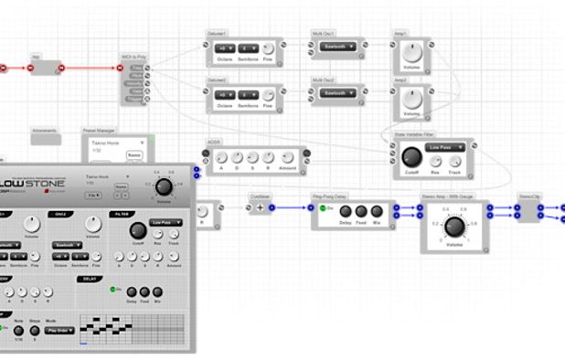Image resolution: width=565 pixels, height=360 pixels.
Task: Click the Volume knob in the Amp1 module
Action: (412, 55)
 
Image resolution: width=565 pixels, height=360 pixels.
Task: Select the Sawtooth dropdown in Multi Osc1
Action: (336, 48)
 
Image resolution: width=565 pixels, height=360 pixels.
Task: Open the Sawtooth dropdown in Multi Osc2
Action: (336, 93)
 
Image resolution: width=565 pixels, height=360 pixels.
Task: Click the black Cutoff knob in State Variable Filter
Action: (409, 160)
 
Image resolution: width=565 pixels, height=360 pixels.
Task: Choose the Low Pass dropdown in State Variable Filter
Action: (445, 147)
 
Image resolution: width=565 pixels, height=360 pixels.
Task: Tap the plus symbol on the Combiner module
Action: (259, 207)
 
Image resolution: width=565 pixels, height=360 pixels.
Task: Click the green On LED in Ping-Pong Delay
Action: (322, 207)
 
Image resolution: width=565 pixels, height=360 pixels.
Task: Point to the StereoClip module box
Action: (530, 208)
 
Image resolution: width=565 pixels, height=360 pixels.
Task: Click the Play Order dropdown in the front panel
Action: (61, 330)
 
